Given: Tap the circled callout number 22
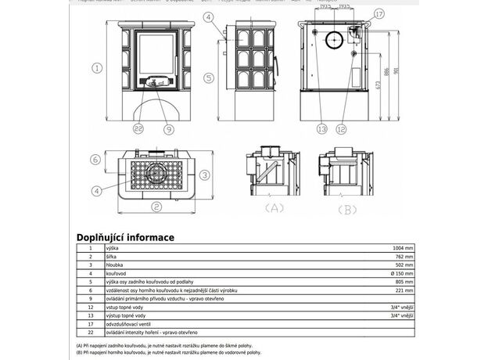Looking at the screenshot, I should click(x=138, y=128).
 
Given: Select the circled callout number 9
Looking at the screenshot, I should click(x=168, y=128).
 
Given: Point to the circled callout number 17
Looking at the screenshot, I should click(x=379, y=14).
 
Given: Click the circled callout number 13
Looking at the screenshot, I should click(x=321, y=128).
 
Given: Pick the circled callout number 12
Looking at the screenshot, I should click(x=340, y=128).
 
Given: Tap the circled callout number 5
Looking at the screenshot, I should click(x=209, y=77).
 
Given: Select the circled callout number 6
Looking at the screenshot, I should click(x=95, y=159).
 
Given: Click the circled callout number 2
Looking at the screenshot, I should click(x=156, y=207).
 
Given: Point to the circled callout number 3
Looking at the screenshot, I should click(x=203, y=175).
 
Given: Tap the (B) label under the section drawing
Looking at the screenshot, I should click(x=349, y=209).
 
